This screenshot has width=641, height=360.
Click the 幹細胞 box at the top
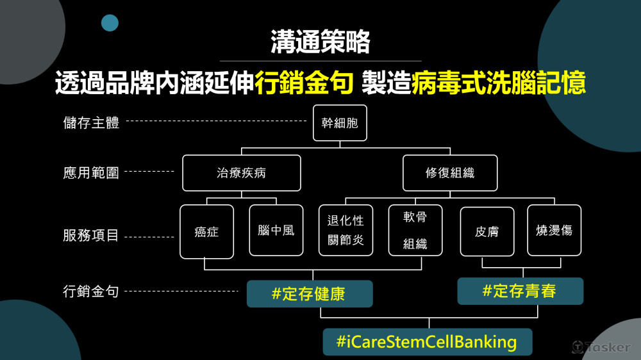pos(340,123)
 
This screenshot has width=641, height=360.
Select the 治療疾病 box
pos(241,173)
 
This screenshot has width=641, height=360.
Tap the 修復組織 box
pos(450,173)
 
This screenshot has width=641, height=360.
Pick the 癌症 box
pos(206,231)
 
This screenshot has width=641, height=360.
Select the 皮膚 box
pos(487,231)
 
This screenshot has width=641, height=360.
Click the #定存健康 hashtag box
pos(309,294)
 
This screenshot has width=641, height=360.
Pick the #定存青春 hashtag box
pos(520,291)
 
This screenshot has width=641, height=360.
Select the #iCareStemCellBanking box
pos(427,342)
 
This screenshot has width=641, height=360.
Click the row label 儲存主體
pos(91,122)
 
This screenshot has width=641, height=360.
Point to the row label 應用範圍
pos(91,172)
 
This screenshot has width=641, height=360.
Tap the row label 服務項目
pos(91,235)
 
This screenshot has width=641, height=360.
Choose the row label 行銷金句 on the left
pos(91,291)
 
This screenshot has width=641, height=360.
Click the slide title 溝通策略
pos(320,43)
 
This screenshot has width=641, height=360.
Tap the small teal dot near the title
pos(110,23)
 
